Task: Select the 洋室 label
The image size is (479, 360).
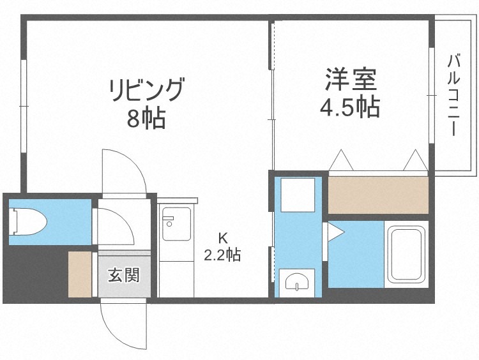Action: click(x=351, y=80)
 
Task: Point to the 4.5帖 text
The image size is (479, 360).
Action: click(x=350, y=107)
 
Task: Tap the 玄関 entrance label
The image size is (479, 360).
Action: click(x=124, y=276)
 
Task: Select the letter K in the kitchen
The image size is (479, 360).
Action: click(x=222, y=238)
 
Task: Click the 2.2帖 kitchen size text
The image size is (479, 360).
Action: click(x=222, y=255)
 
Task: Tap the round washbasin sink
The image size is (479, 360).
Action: click(x=296, y=281)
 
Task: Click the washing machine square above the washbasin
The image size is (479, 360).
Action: click(x=298, y=195)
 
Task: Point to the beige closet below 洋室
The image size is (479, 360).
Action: click(x=377, y=195)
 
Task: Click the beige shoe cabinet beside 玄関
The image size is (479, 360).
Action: click(x=80, y=274)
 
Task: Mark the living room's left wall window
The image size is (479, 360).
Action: click(x=23, y=106)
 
